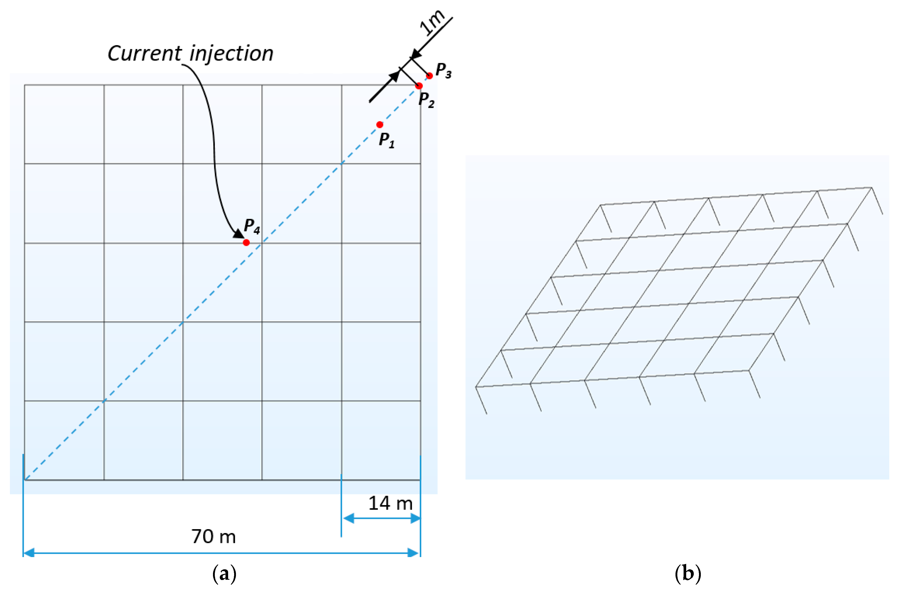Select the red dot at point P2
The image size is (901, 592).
419,86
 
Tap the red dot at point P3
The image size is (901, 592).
429,76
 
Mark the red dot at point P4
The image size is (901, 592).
246,243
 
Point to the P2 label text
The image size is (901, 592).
426,100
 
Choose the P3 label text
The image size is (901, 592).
443,70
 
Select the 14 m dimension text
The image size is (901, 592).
390,504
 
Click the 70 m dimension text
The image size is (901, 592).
214,536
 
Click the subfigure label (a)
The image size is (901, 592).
224,574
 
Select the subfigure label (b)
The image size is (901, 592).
687,574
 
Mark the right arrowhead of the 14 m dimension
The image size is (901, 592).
415,518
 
